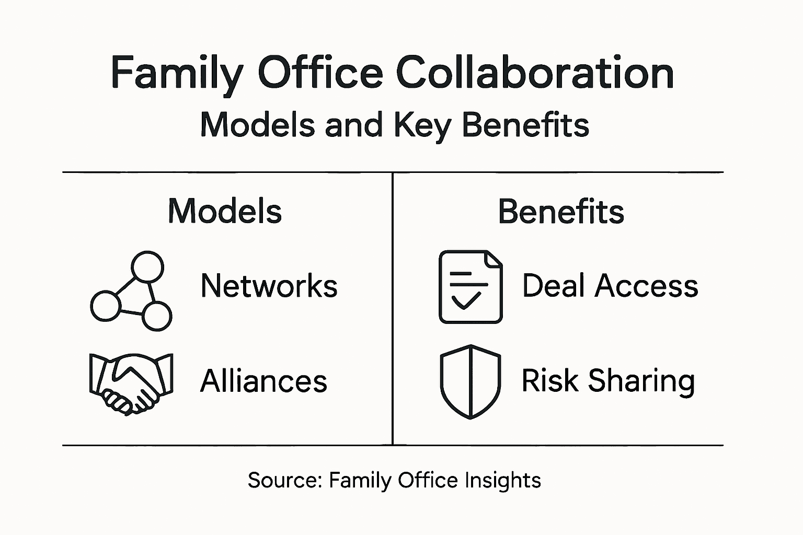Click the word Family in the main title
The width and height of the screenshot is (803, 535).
[x=176, y=73]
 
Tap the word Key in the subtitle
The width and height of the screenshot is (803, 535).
[x=422, y=125]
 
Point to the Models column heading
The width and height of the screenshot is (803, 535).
[x=225, y=212]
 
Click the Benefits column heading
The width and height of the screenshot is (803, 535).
[x=561, y=212]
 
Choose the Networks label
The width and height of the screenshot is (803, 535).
[x=269, y=286]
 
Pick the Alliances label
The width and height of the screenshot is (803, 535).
[x=263, y=380]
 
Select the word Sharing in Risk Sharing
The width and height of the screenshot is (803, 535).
[x=641, y=381]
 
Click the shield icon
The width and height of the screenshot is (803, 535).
[x=471, y=381]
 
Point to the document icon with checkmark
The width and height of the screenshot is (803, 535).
[x=471, y=287]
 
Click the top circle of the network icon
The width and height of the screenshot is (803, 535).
[x=147, y=267]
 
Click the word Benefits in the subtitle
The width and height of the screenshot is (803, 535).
[x=525, y=125]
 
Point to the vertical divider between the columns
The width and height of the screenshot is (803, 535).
[x=393, y=308]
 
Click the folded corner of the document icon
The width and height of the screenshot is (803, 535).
[x=494, y=259]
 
